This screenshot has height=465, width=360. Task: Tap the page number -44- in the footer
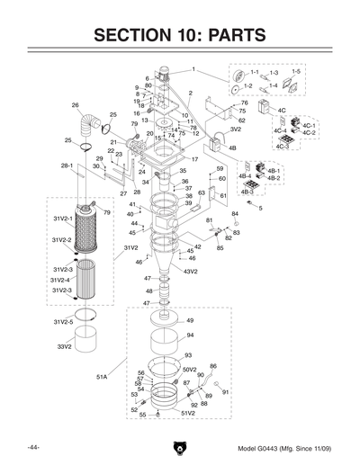click(x=33, y=447)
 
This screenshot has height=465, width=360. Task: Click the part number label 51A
click(x=102, y=377)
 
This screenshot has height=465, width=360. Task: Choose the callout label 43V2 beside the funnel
click(x=191, y=270)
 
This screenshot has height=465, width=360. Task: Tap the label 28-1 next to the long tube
click(x=67, y=166)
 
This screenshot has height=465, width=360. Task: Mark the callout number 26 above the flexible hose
click(x=76, y=105)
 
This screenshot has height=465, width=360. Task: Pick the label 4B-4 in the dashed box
click(x=244, y=176)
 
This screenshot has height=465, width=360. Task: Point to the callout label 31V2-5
click(x=63, y=321)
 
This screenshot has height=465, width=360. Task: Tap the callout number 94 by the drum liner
click(x=190, y=335)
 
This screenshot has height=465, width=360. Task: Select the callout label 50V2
click(x=190, y=369)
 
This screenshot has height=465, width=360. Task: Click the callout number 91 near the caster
click(x=226, y=393)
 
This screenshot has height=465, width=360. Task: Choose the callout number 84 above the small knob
click(x=236, y=213)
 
